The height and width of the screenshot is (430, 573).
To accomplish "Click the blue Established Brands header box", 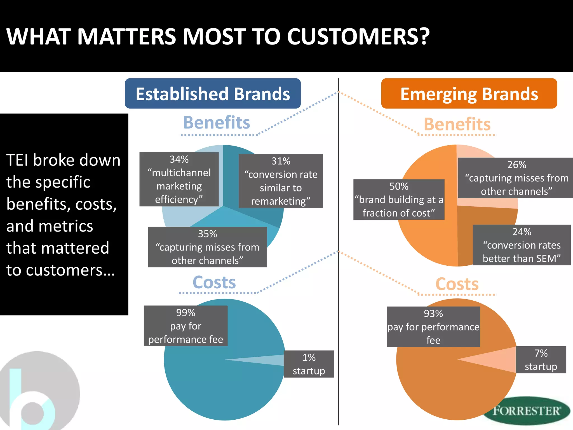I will [213, 94].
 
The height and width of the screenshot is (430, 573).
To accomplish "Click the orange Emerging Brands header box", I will [469, 94].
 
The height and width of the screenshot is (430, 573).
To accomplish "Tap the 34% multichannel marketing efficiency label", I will [179, 179].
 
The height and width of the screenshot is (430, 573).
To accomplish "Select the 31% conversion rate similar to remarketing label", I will [281, 181].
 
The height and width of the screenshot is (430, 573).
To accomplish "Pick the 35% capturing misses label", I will [207, 247].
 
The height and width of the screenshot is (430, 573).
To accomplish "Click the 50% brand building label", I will [399, 199].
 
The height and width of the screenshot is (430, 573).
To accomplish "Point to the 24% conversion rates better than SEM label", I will [522, 245].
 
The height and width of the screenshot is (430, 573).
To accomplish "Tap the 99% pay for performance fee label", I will [185, 326].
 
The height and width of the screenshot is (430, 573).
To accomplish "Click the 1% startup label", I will [309, 364].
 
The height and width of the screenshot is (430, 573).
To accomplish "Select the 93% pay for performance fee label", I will [433, 327].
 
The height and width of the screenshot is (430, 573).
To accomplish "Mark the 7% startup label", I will [541, 360].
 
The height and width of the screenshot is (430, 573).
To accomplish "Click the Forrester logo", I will [527, 411].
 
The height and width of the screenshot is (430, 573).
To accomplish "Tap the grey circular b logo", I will [39, 392].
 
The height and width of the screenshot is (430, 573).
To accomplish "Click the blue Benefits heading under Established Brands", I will [217, 123].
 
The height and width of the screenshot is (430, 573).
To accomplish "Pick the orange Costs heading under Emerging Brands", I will [457, 284].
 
